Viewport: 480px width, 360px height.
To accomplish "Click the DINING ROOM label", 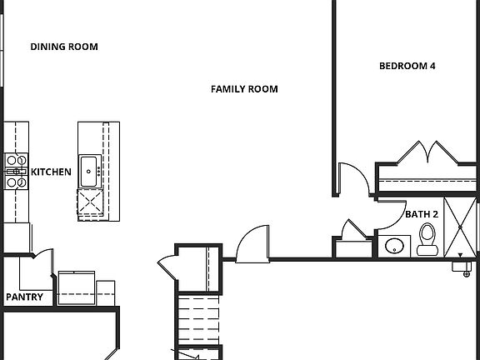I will [64, 47].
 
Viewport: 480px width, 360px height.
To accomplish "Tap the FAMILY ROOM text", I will [244, 89].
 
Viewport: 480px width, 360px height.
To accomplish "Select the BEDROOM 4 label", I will [407, 66].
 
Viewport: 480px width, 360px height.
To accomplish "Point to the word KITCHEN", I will [51, 172].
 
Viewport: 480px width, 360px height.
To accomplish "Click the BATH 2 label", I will [419, 214].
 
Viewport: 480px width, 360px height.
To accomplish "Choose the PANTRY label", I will [25, 297].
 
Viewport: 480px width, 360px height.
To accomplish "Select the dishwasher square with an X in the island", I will [88, 202].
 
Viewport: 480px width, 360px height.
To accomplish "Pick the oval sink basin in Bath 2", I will [395, 247].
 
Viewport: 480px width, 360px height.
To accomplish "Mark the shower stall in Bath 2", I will [459, 226].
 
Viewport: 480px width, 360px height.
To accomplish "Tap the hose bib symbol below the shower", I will [465, 267].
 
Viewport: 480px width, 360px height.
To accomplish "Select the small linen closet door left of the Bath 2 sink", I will [353, 230].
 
